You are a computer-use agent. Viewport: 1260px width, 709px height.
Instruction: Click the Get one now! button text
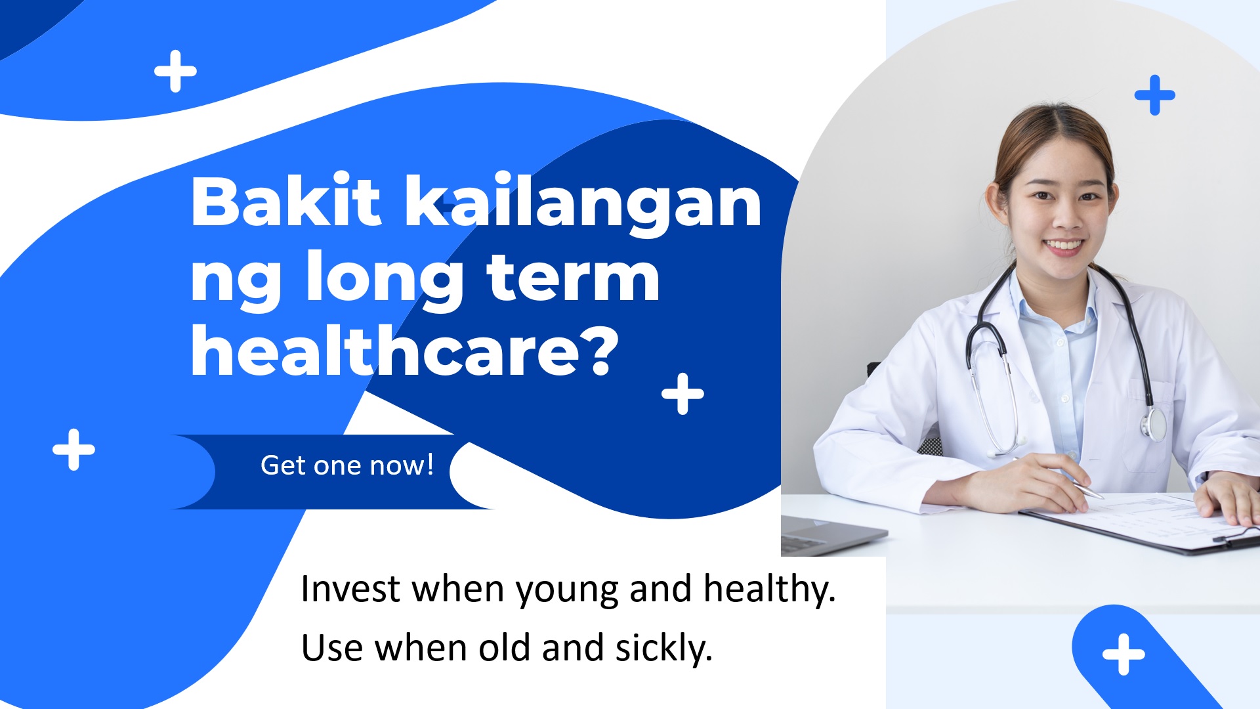[x=347, y=465]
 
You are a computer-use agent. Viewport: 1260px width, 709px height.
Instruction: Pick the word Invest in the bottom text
[x=350, y=588]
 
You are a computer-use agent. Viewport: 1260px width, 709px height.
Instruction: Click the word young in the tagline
[x=567, y=591]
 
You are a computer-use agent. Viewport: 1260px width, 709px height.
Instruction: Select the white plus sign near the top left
[x=175, y=71]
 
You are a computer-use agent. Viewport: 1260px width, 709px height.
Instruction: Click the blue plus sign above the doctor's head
[x=1155, y=95]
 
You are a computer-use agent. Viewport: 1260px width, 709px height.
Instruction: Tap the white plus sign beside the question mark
[x=682, y=394]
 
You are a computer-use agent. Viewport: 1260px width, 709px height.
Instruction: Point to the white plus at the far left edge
[x=73, y=450]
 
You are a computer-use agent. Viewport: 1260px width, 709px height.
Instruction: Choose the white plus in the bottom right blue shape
[x=1123, y=655]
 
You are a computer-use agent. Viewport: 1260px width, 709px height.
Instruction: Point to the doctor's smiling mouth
[x=1064, y=247]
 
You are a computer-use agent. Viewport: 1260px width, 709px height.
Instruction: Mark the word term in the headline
[x=573, y=278]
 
